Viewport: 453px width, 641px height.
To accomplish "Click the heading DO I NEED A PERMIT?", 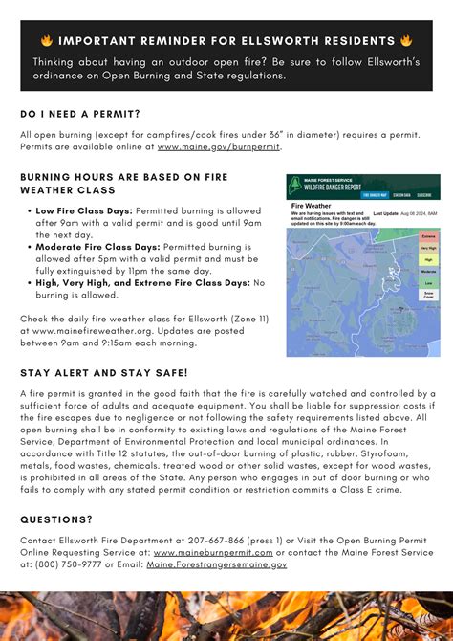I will coord(80,114).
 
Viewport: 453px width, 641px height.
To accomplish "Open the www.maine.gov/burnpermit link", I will coord(219,147).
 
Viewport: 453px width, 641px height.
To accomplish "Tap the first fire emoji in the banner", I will coord(46,41).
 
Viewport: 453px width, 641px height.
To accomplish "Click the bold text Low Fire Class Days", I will coord(84,210).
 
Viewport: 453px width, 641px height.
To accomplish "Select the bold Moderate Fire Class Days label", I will coord(97,246).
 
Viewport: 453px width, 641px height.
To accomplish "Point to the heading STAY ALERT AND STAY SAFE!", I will coord(104,372).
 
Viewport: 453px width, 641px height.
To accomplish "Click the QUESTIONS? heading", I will coord(56,519).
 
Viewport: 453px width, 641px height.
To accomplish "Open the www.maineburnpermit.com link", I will coord(213,553).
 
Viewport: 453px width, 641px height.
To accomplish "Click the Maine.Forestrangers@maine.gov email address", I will coord(216,564).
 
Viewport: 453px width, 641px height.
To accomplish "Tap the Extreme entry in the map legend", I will coord(429,234).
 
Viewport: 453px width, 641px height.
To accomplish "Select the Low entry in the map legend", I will coord(429,283).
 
